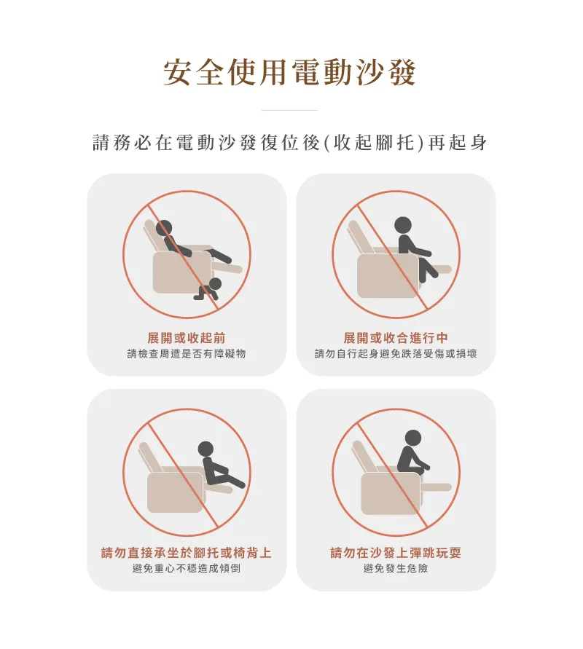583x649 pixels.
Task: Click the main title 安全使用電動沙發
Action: click(x=289, y=72)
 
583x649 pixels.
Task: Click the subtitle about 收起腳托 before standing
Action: click(x=290, y=143)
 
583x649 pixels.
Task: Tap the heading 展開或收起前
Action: click(x=187, y=338)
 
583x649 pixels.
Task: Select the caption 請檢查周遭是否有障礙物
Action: click(x=187, y=354)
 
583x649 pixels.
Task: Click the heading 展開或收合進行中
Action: click(x=396, y=338)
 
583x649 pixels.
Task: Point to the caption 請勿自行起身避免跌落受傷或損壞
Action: click(x=396, y=354)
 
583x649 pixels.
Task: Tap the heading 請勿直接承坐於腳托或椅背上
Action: click(x=187, y=553)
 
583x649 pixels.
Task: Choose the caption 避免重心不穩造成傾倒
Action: click(x=187, y=569)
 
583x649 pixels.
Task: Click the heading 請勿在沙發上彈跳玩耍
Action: click(x=396, y=553)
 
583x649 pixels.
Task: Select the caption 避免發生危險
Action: click(x=396, y=569)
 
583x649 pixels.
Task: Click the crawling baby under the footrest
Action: click(x=208, y=289)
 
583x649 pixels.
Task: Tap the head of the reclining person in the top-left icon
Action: click(x=163, y=228)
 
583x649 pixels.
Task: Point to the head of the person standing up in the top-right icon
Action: click(x=403, y=226)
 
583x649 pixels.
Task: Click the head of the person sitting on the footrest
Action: click(x=206, y=449)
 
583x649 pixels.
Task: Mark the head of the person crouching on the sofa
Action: click(x=412, y=438)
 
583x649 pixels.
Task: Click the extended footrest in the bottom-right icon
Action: click(x=436, y=487)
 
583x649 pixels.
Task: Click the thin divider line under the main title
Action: click(x=289, y=111)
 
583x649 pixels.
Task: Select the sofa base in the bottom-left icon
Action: click(x=175, y=492)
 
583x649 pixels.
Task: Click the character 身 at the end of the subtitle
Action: click(x=479, y=143)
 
